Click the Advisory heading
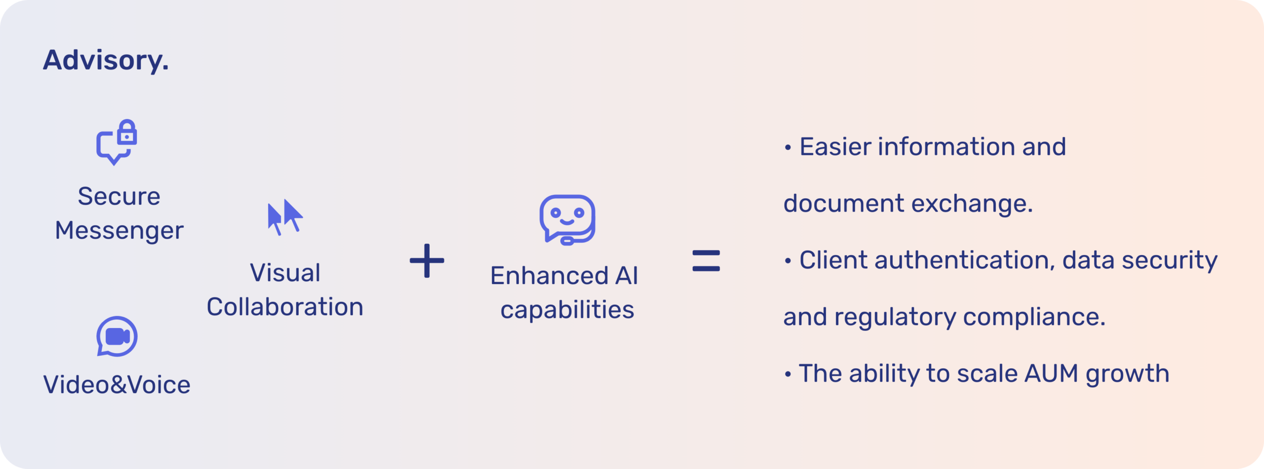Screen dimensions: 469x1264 106,60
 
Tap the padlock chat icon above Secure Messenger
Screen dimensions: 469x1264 117,142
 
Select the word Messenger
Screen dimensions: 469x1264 119,231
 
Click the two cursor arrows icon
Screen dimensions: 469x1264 285,217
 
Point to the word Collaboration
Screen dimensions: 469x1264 285,307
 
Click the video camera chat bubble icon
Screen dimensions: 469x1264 117,336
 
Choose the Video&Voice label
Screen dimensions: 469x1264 117,385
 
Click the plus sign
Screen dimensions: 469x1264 427,261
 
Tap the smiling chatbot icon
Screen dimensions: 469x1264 567,219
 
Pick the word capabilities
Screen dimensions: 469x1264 567,310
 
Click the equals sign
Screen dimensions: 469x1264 706,261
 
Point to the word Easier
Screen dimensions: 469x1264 835,147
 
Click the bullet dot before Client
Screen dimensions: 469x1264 788,261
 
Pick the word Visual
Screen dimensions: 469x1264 285,273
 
